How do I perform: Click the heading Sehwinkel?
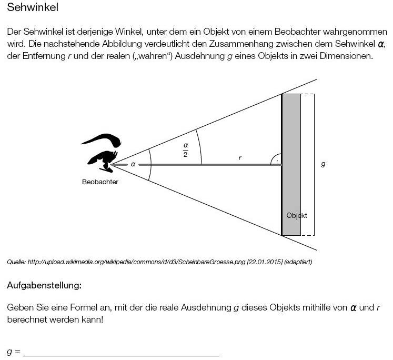click(x=33, y=8)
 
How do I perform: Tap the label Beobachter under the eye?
click(x=100, y=182)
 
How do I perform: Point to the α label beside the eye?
click(x=133, y=164)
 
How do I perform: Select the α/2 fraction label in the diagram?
click(x=185, y=149)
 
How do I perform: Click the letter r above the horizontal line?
click(x=240, y=157)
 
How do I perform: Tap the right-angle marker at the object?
click(x=276, y=160)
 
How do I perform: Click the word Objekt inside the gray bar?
click(x=297, y=215)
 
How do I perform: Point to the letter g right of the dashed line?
click(x=323, y=164)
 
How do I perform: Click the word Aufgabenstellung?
click(x=44, y=286)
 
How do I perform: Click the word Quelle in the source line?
click(x=16, y=262)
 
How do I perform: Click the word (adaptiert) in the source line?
click(x=298, y=262)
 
